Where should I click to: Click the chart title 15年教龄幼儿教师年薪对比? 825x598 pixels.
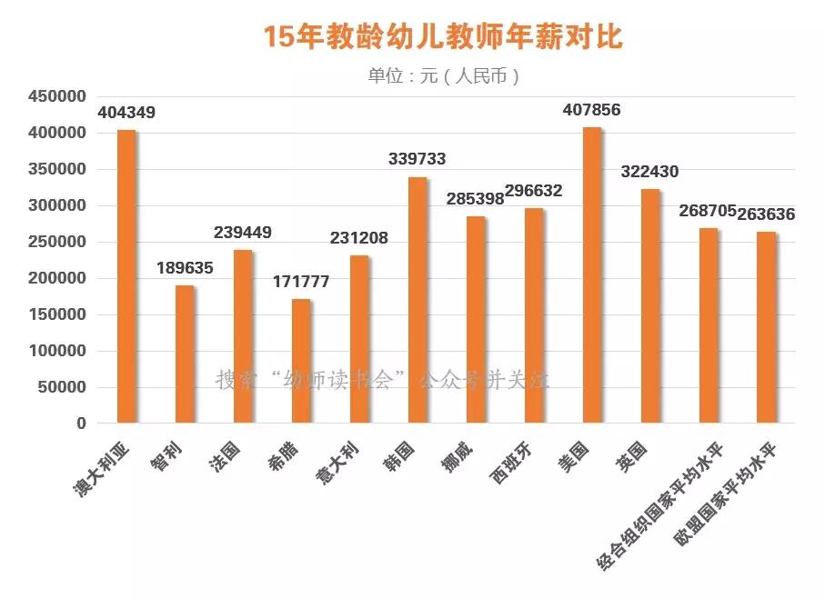443,37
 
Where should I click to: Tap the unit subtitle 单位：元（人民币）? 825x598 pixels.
443,75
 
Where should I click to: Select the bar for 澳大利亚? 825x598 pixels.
126,276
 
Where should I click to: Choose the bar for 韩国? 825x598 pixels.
418,300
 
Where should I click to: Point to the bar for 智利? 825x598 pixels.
185,354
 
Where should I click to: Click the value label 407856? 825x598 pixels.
592,111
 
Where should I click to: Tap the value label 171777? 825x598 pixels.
301,282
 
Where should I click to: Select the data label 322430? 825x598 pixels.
649,172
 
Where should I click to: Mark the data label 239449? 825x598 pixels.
243,233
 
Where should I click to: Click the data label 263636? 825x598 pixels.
766,215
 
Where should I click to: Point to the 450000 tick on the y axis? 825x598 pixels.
57,96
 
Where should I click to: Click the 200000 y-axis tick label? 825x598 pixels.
57,278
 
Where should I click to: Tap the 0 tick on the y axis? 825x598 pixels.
81,424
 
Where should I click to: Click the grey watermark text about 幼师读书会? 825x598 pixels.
382,380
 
